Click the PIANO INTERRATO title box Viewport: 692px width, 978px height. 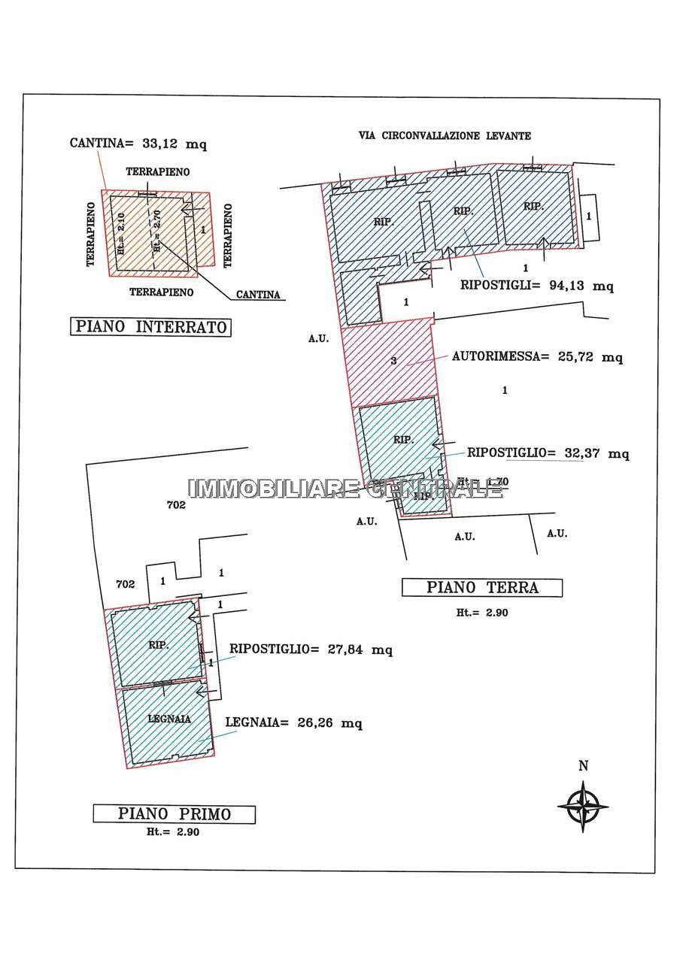coord(150,327)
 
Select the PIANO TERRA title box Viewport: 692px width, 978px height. coord(482,588)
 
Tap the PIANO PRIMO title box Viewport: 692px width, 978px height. coord(174,814)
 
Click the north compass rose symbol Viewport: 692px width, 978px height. coord(583,805)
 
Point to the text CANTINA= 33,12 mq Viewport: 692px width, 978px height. coord(138,143)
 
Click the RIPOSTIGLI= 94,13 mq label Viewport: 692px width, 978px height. coord(537,286)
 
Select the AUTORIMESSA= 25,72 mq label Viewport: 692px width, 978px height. coord(537,357)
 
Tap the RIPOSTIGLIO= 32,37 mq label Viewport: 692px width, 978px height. coord(548,453)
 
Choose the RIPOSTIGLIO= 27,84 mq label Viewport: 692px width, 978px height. coord(311,649)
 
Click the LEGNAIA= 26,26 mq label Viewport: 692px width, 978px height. coord(294,723)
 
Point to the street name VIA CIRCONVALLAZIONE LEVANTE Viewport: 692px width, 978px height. coord(445,136)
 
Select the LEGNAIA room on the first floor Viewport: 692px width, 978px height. coord(168,725)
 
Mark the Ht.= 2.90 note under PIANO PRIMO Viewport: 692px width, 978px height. coord(174,832)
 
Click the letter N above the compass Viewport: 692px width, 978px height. coord(583,766)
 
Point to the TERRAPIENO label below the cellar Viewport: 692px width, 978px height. coord(161,292)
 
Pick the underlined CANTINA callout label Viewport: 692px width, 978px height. coord(258,295)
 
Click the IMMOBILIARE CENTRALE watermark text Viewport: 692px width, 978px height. coord(345,489)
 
